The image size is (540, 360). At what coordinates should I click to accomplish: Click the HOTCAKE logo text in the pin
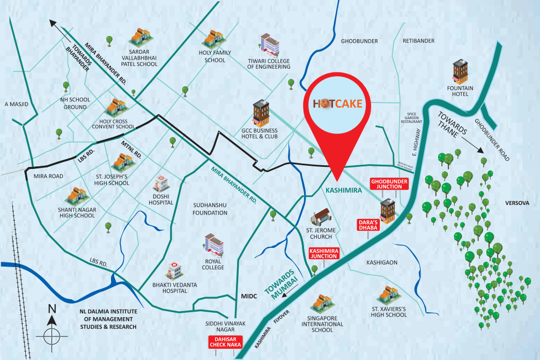(338, 103)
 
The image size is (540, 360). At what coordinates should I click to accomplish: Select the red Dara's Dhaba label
(368, 224)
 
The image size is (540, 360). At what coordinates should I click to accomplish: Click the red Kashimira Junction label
(324, 253)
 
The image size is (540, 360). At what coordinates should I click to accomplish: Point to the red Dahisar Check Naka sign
(226, 342)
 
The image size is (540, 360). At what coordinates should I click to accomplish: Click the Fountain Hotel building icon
(460, 72)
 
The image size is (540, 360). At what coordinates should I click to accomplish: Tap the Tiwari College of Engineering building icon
(269, 45)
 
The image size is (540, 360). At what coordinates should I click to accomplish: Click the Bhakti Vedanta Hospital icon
(173, 271)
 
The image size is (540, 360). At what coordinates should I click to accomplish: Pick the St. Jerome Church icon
(322, 217)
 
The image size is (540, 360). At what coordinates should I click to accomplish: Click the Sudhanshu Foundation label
(210, 209)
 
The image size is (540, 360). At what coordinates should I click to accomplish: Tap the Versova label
(517, 203)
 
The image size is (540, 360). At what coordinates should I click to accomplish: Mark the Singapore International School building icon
(320, 304)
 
